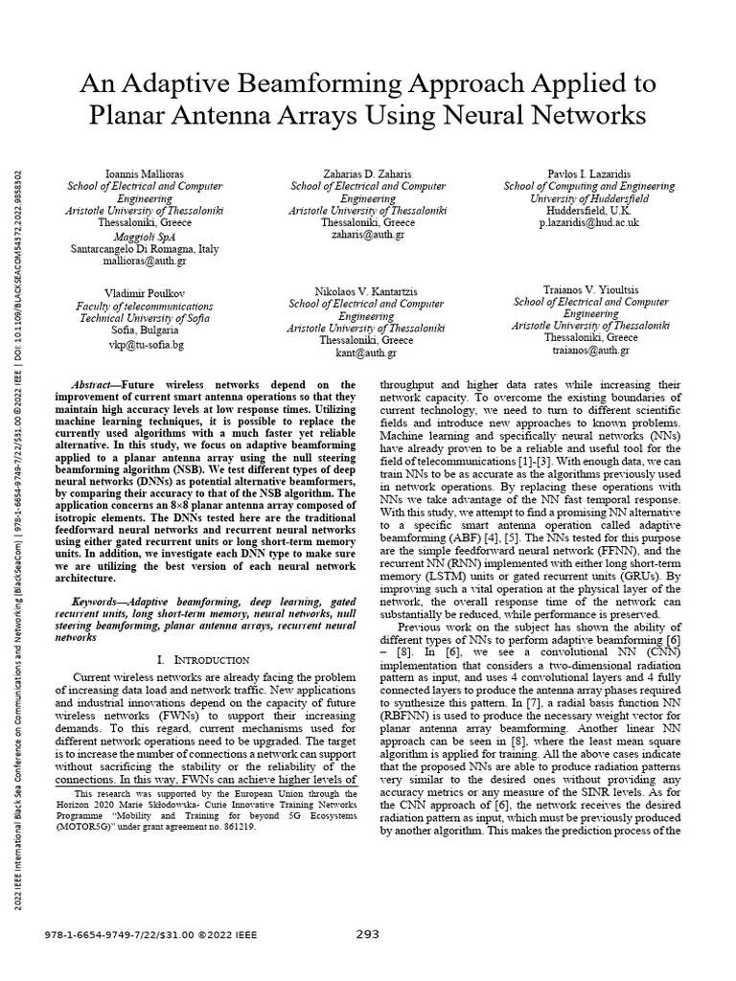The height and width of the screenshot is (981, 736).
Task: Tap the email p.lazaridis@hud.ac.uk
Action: point(588,221)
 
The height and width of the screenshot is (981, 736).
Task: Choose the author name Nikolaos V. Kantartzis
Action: point(368,290)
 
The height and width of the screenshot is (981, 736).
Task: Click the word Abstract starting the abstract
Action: point(96,381)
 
